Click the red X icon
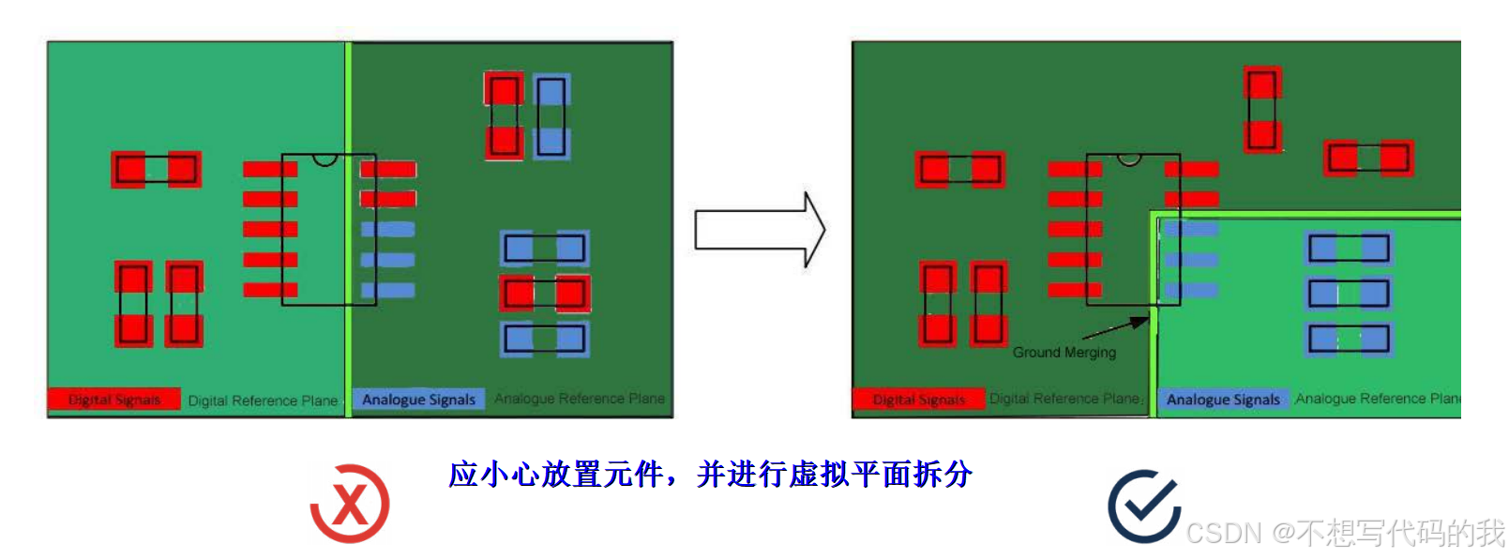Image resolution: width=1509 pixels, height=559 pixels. point(350,504)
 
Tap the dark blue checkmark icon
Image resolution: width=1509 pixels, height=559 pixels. point(1143,506)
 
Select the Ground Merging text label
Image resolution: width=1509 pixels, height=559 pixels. point(1064,353)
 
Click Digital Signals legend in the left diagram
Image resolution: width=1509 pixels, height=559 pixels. point(113,400)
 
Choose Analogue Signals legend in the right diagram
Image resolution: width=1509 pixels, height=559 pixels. point(1222,400)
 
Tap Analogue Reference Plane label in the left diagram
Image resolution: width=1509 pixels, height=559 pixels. point(579,399)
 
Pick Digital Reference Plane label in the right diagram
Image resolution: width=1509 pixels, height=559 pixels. point(1064,399)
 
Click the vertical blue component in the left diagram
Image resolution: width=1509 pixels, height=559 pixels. point(551,116)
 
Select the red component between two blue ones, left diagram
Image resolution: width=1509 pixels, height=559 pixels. point(544,294)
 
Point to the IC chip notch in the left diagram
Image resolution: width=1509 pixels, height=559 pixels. point(324,160)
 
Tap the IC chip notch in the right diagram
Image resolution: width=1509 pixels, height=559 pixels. point(1129,160)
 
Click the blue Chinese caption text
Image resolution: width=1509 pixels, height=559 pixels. point(710,475)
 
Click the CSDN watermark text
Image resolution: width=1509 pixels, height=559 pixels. point(1344,533)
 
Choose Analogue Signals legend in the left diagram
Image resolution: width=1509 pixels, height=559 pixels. point(418,400)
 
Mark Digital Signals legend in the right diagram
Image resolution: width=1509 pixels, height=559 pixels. point(918,400)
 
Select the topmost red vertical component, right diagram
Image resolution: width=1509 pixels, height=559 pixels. point(1262,109)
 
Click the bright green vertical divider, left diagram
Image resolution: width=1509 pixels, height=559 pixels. point(348,225)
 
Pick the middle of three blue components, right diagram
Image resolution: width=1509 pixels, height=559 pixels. point(1349,294)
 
